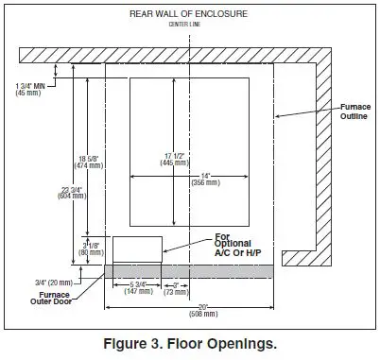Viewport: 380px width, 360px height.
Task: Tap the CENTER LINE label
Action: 189,24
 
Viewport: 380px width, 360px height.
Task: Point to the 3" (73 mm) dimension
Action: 175,288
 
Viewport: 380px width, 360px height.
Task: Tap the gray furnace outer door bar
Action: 189,271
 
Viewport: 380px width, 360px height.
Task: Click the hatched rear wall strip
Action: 170,55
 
